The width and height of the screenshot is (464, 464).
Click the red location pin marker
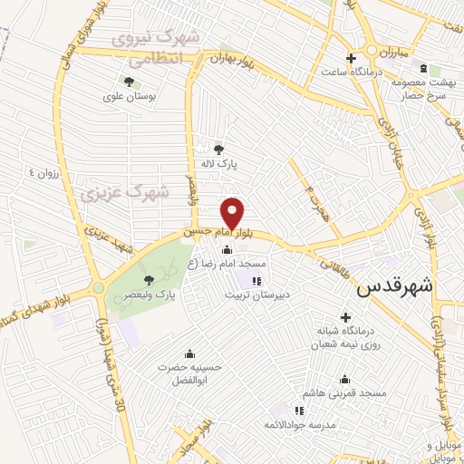pos(234,212)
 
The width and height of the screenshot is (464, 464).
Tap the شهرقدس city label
pos(396,287)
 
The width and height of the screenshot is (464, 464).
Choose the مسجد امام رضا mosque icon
pos(226,250)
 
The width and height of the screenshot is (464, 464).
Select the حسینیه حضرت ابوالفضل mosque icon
pos(188,353)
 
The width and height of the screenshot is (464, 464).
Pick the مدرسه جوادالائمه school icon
pos(299,411)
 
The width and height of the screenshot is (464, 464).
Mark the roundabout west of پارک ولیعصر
pos(98,289)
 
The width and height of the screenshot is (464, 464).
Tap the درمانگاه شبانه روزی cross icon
pos(345,317)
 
